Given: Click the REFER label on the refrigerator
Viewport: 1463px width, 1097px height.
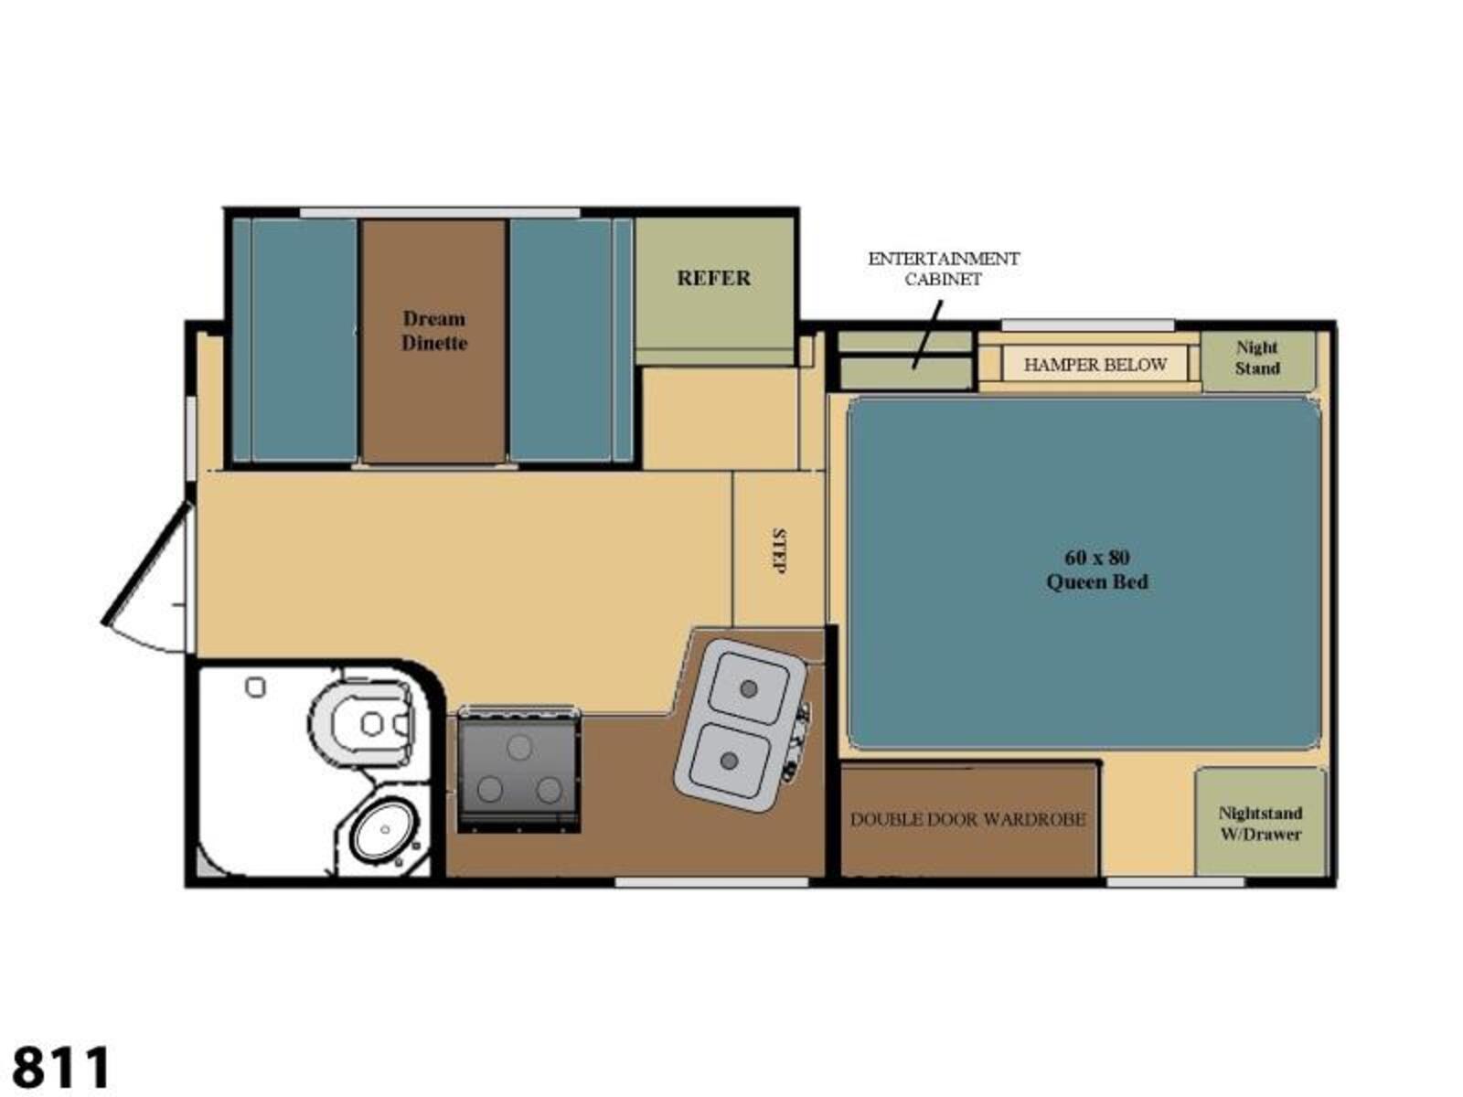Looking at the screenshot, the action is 713,278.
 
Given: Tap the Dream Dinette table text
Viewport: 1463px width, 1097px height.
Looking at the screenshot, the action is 434,330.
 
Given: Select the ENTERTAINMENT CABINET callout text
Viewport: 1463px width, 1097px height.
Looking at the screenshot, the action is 943,269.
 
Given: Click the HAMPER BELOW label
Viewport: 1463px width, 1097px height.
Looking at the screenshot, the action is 1095,365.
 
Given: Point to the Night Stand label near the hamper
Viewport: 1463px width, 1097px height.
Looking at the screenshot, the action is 1257,357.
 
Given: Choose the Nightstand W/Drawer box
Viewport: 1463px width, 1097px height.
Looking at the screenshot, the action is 1260,822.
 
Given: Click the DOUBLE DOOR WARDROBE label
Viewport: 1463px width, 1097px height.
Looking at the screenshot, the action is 967,819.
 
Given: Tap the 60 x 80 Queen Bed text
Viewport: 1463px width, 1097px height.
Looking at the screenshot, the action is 1097,570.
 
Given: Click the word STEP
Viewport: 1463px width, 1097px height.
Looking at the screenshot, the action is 778,551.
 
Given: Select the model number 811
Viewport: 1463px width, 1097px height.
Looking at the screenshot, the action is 61,1066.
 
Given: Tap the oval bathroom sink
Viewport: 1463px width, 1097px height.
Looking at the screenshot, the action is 385,829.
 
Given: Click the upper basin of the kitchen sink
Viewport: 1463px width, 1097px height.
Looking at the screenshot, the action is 748,688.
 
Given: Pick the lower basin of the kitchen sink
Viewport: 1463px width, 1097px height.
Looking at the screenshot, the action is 730,760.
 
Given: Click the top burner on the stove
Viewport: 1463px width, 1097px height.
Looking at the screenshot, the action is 519,747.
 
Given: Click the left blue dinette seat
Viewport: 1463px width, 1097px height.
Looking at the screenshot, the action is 304,340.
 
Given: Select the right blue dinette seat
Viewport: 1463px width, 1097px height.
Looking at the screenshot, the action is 561,340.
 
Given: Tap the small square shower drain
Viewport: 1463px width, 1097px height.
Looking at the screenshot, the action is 255,687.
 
